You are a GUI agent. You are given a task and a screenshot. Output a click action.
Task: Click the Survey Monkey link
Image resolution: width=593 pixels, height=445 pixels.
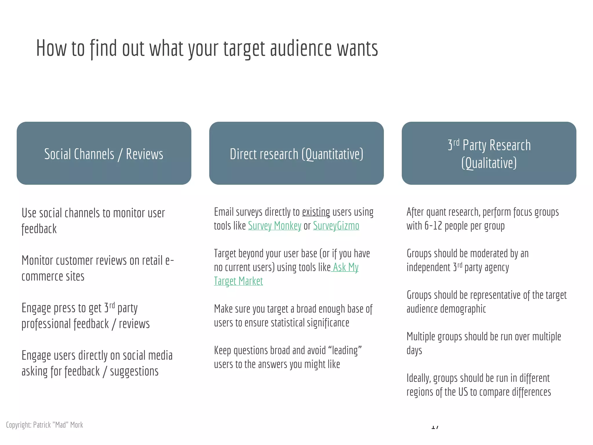[274, 226]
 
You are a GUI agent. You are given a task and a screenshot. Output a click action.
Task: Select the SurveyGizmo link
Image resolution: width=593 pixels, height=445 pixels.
[336, 226]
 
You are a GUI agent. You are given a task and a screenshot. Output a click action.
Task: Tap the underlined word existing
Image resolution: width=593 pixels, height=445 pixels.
[316, 212]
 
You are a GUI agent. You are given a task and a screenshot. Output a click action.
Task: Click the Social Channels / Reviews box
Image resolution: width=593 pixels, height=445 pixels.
[104, 153]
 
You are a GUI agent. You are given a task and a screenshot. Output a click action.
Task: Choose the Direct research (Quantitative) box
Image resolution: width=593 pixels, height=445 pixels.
[296, 153]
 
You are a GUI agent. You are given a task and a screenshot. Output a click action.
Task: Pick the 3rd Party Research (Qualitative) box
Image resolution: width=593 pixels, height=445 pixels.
[489, 153]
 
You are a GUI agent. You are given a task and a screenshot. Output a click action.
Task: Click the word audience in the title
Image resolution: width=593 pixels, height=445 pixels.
[301, 48]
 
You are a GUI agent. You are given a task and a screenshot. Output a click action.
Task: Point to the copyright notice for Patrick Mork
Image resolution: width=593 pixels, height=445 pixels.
[45, 425]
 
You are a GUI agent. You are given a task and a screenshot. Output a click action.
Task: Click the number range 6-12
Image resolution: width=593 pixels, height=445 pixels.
[433, 226]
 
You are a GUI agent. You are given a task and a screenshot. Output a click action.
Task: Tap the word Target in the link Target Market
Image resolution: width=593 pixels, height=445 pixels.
[225, 281]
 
